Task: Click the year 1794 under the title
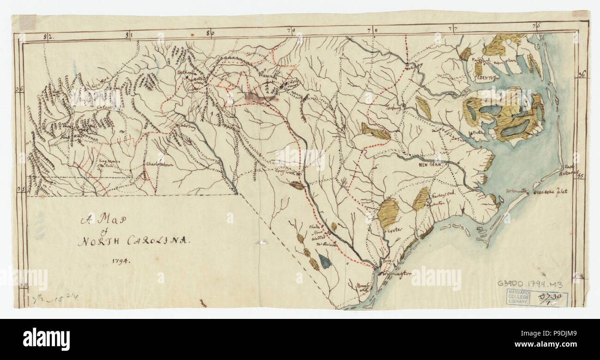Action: [x=121, y=260]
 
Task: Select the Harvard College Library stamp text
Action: [x=517, y=297]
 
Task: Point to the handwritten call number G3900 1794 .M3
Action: [x=530, y=284]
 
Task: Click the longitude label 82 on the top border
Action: [x=46, y=36]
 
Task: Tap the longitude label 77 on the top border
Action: [x=454, y=29]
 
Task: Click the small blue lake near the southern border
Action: [x=324, y=262]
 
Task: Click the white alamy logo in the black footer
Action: [x=46, y=339]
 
